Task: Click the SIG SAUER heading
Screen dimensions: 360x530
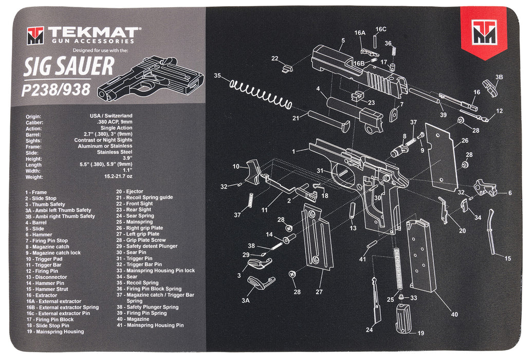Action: point(69,67)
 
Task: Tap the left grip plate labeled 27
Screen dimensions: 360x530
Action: point(317,237)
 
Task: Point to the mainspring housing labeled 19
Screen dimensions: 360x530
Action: point(404,319)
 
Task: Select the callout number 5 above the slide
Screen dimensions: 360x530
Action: point(343,40)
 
